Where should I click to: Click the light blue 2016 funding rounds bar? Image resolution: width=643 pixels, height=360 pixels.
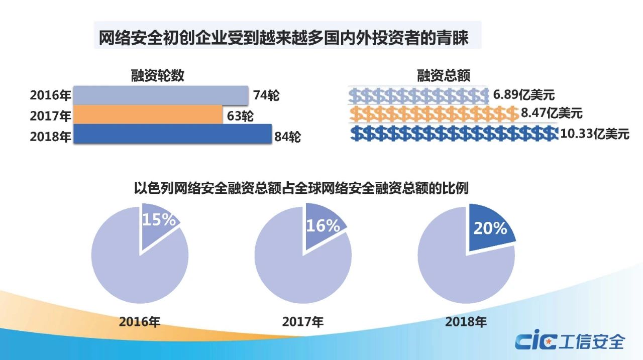point(161,95)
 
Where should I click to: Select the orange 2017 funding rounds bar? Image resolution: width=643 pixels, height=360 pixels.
point(148,114)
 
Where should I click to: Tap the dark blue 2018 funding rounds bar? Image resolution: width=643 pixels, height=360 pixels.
point(173,134)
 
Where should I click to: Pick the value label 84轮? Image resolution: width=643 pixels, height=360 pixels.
point(287,136)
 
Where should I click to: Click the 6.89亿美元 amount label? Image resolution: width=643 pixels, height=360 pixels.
point(523,95)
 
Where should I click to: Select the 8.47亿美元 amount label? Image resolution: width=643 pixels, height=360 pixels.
point(552,113)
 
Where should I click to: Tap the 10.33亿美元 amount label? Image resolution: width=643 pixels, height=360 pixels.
point(595,134)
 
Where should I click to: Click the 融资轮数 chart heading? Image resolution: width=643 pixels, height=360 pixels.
point(157,75)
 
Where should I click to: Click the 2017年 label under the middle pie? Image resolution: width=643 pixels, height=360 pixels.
point(303,321)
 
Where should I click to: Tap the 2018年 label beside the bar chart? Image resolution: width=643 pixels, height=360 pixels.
point(50,136)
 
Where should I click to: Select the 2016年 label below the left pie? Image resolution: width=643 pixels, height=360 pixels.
point(140,321)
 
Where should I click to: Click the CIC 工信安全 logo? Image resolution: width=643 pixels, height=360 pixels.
point(569,341)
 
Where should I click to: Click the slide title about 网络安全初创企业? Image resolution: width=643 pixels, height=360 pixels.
point(283,38)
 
